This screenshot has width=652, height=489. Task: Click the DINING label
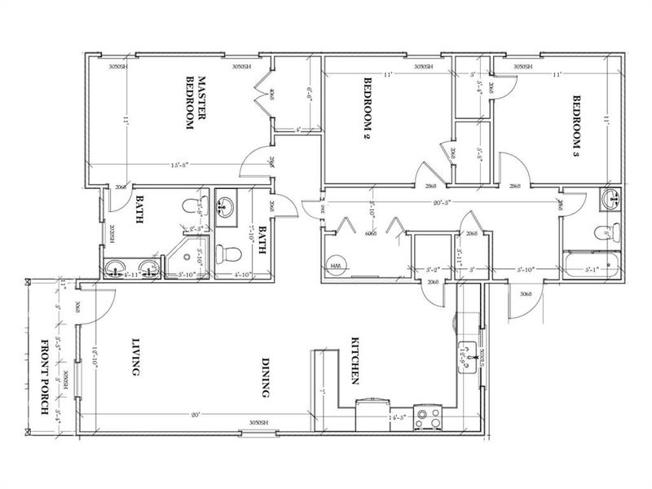265,377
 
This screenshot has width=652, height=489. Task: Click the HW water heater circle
336,266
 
